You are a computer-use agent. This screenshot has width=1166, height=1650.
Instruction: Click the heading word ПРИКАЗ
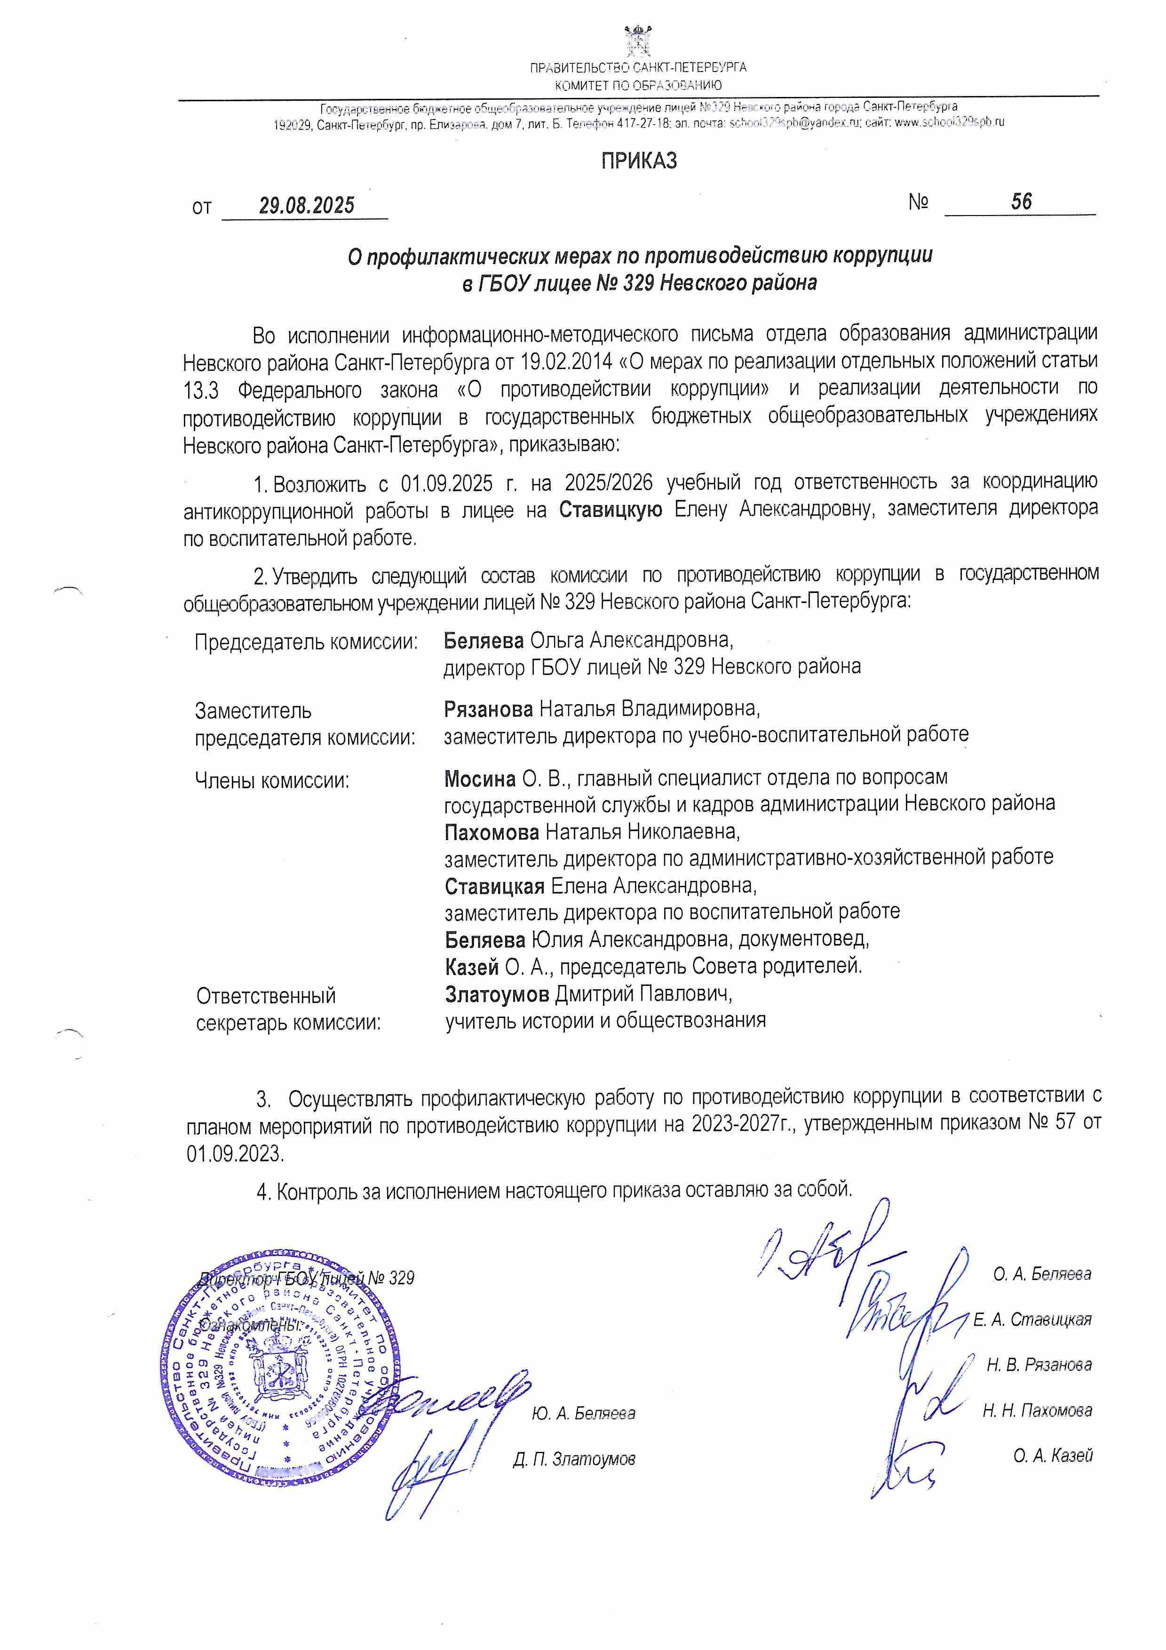point(639,160)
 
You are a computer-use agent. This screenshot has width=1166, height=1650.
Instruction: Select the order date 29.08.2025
point(307,206)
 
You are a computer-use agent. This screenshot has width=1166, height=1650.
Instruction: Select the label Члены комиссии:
point(272,780)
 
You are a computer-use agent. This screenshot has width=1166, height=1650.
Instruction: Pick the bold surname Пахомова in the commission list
point(492,832)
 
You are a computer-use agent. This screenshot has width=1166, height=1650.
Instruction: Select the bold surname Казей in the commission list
point(471,967)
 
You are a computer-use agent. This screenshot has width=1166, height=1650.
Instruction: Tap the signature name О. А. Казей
point(1053,1457)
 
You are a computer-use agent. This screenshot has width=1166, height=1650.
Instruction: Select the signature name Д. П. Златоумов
point(574,1459)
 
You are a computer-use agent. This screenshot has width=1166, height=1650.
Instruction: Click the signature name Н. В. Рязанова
point(1039,1365)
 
